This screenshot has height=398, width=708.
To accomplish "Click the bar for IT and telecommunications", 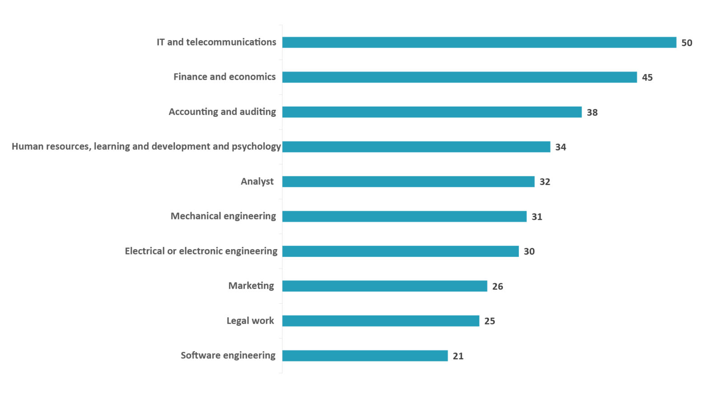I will [479, 42].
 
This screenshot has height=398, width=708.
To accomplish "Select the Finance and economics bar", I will [459, 77].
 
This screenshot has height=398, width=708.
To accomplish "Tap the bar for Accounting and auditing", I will [432, 112].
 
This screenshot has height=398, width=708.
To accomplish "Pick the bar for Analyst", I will [408, 181].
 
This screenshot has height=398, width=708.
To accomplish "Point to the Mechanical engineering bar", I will [404, 216].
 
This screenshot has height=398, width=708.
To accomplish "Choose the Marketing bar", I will [385, 286].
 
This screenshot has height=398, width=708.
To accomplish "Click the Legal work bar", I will [381, 321].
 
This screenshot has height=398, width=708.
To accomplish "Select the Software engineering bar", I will [365, 356].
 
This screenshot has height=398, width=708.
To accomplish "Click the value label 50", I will [686, 43].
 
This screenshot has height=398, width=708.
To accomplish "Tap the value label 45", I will [647, 78].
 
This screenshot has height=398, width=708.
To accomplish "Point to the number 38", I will [592, 112].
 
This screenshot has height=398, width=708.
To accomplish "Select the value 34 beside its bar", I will [560, 147].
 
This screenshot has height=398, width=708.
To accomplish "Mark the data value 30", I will [529, 251].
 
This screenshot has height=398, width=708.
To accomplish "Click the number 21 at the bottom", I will [458, 356].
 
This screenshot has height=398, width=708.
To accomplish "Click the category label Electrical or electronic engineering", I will [201, 251].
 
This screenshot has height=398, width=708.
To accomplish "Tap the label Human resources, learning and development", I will [146, 146].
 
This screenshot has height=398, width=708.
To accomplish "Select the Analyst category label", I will [257, 181].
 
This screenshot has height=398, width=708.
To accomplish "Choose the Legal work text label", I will [250, 321].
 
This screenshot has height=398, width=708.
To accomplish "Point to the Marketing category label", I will [251, 286].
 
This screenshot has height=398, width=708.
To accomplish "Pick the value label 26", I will [497, 287].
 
